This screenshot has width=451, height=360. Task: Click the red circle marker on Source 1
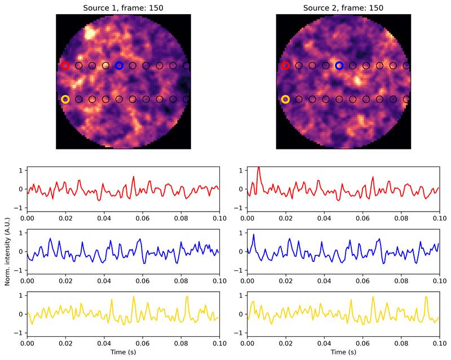click(x=65, y=65)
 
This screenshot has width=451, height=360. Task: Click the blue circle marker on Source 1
click(x=119, y=65)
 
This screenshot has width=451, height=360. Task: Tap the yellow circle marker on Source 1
click(x=65, y=99)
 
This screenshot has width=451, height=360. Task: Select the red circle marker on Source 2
click(x=285, y=65)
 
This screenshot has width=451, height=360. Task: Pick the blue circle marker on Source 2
click(x=339, y=65)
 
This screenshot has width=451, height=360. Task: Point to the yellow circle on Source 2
click(x=285, y=99)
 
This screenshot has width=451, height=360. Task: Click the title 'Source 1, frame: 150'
click(x=123, y=6)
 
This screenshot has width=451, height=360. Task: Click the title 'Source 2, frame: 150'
click(x=343, y=6)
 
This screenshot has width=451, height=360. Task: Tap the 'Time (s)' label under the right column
click(x=343, y=353)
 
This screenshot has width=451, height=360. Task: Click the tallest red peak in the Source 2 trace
click(x=258, y=168)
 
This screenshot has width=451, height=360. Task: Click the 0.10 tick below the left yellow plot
click(x=219, y=343)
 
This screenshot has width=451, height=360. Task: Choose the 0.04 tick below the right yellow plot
click(x=324, y=343)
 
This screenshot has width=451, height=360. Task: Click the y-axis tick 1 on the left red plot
click(x=21, y=170)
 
